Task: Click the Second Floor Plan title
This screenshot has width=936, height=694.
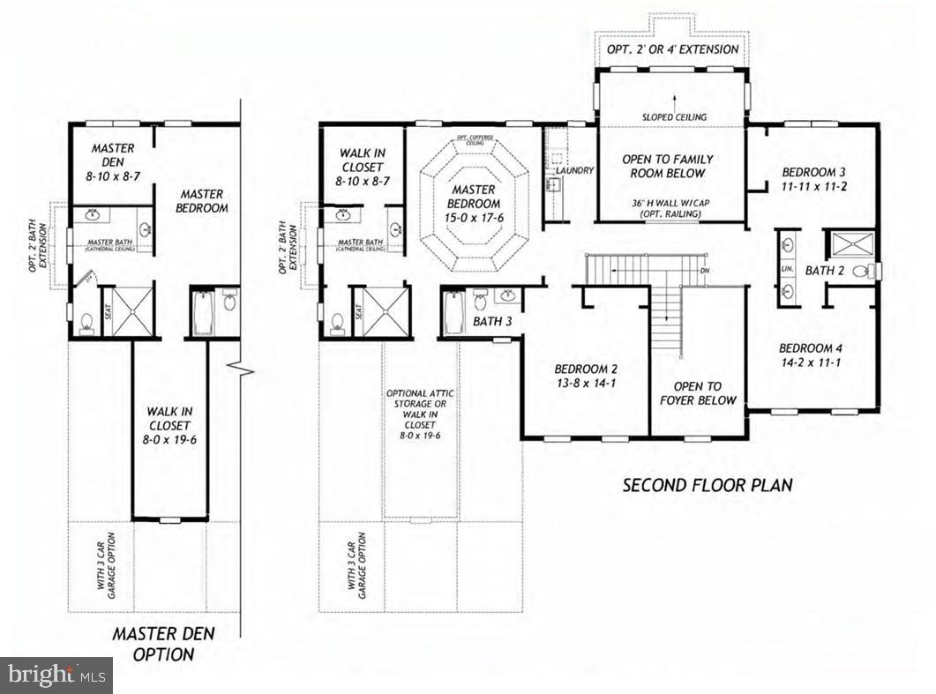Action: click(708, 484)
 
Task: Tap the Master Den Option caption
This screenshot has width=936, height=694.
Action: click(163, 644)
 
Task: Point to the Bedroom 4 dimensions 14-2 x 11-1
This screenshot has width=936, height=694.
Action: click(812, 362)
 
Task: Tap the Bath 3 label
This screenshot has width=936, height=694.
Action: click(492, 322)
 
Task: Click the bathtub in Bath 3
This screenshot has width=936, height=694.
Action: click(453, 313)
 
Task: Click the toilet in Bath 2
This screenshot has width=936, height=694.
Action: click(872, 271)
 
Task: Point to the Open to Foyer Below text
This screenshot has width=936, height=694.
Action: click(697, 393)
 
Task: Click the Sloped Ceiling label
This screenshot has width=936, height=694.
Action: click(673, 116)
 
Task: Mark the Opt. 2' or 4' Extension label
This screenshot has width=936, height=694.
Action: click(673, 49)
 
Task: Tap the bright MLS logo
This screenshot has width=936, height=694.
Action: click(56, 675)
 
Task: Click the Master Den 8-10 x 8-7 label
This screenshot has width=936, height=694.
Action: click(112, 163)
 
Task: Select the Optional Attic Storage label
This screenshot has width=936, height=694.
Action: click(419, 414)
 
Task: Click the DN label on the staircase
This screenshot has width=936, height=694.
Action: click(703, 270)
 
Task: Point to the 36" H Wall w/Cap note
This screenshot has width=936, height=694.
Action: click(673, 208)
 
